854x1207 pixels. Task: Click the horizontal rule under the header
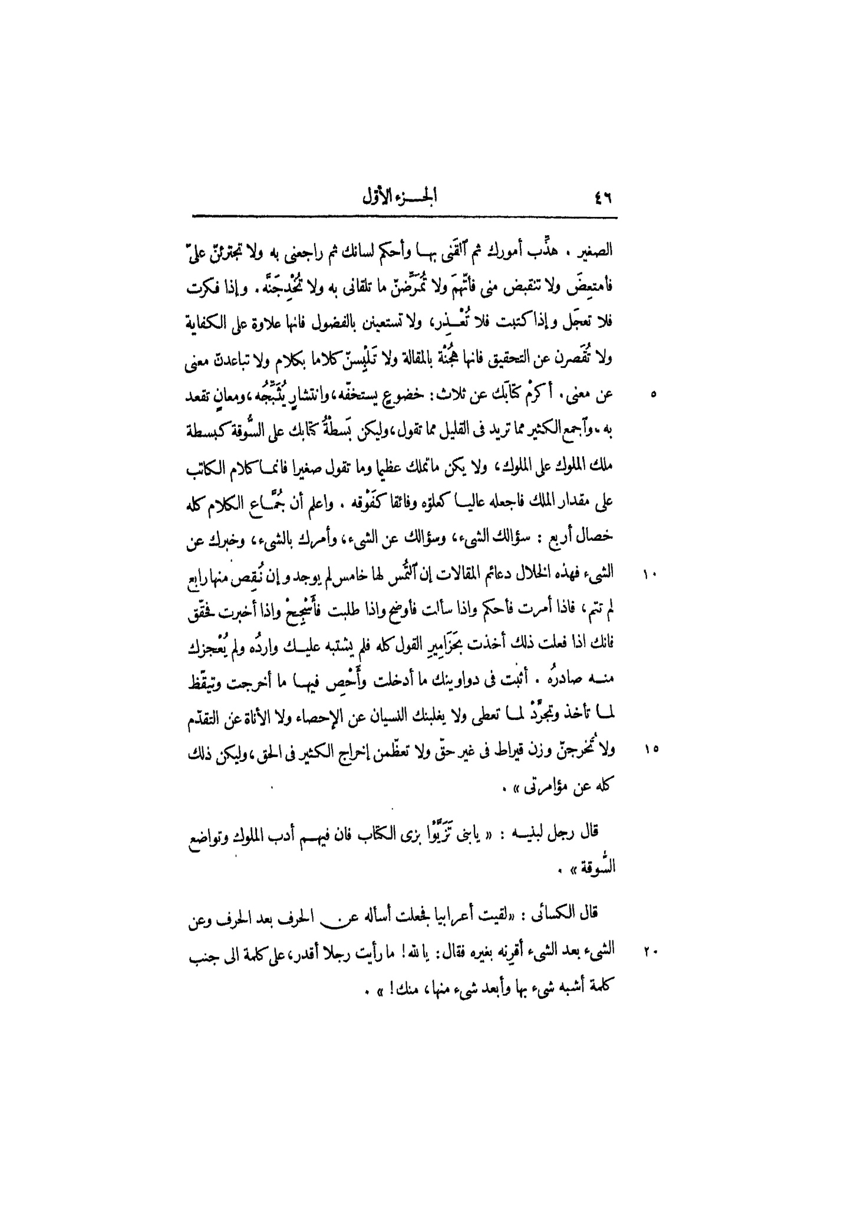404,218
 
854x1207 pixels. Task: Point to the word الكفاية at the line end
212,323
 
